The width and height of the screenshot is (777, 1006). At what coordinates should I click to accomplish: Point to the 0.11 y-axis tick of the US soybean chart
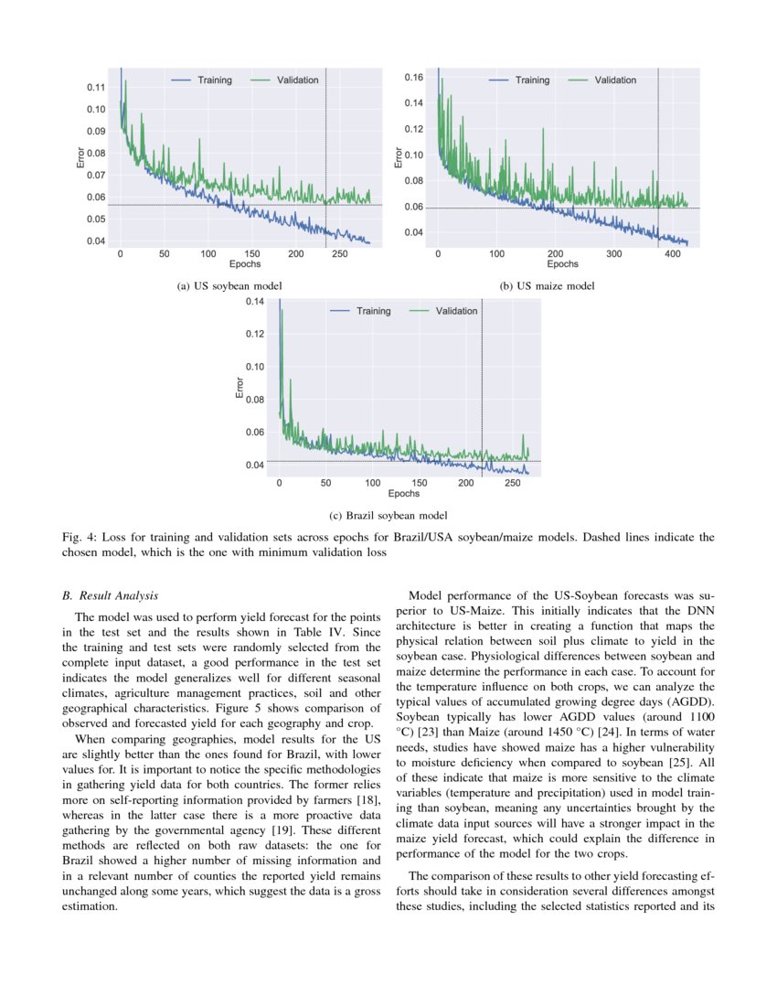(96, 88)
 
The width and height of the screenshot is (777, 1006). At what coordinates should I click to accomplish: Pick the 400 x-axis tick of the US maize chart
(672, 253)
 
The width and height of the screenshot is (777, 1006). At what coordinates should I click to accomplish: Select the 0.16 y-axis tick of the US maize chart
(414, 78)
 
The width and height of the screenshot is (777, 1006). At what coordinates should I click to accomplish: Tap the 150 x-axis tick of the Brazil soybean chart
(420, 482)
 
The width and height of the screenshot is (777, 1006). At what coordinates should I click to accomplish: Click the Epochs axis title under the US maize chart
(562, 264)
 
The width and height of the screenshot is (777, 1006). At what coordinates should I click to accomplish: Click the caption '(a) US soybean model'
(229, 286)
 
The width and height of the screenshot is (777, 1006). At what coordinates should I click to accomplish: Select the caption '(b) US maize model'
(548, 286)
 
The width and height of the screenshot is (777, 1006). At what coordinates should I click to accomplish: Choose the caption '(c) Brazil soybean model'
(388, 516)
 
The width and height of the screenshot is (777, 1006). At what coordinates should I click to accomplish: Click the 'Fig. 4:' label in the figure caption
(77, 537)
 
